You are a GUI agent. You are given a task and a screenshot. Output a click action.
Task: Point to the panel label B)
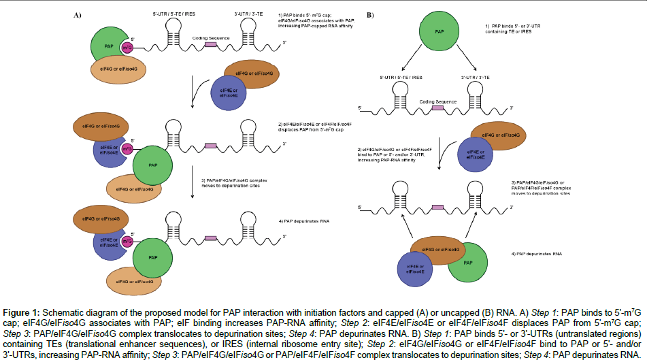tap(371, 14)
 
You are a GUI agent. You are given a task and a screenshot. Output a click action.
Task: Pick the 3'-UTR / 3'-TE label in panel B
tap(476, 80)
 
